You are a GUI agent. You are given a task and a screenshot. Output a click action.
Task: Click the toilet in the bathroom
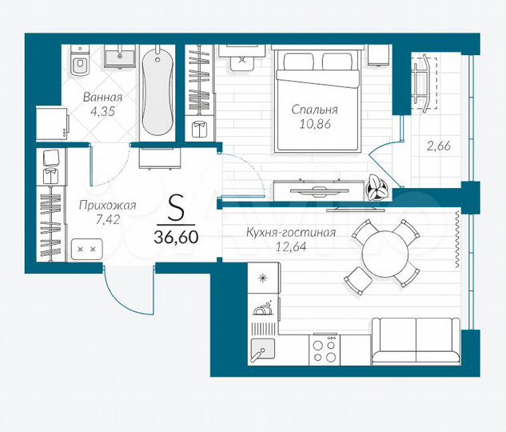pyautogui.click(x=78, y=61)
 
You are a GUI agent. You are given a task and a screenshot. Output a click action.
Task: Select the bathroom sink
pyautogui.click(x=122, y=55)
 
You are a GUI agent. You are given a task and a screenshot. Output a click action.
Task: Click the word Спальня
pyautogui.click(x=314, y=110)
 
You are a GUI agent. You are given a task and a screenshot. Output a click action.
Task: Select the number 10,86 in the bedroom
pyautogui.click(x=314, y=125)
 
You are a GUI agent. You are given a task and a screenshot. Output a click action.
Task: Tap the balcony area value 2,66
pyautogui.click(x=437, y=146)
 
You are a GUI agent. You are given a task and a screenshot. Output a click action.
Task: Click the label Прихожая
pyautogui.click(x=107, y=206)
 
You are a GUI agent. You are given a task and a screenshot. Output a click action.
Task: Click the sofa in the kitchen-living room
pyautogui.click(x=416, y=341)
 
